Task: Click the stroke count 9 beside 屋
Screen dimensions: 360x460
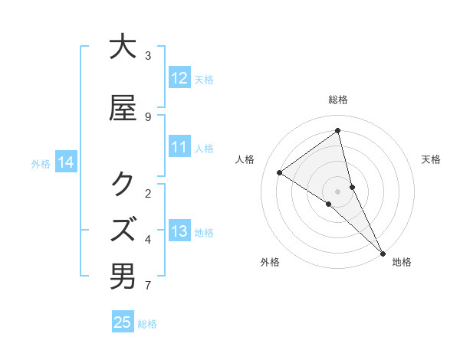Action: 148,116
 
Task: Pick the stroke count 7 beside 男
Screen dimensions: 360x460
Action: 148,286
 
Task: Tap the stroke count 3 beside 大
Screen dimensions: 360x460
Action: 148,55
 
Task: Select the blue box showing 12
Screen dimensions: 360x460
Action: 179,78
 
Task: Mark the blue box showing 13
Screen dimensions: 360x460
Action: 179,231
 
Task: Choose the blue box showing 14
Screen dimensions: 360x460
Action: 66,162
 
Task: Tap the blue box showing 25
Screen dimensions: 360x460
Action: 123,322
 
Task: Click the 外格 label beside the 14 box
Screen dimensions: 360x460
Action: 41,163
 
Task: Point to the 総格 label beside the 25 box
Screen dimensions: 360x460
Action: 147,324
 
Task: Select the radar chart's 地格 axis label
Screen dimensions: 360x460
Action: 402,262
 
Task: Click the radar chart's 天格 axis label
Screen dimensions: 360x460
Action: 431,159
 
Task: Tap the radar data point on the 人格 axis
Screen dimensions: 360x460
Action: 280,172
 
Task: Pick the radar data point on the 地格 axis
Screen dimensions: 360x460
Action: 383,252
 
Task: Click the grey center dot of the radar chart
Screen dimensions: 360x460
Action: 338,191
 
